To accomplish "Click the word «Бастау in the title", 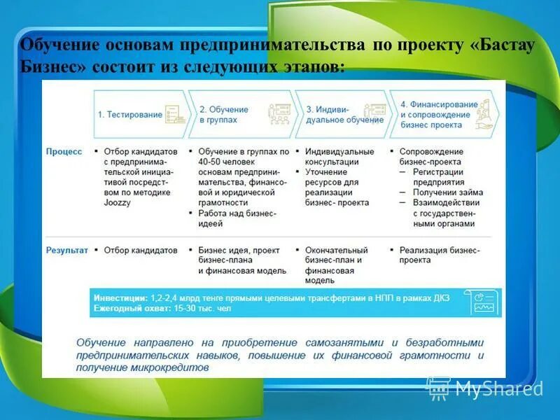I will [x=500, y=45].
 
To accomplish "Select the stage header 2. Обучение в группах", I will [x=224, y=115].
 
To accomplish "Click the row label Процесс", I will [x=64, y=151].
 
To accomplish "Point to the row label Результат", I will [x=67, y=250].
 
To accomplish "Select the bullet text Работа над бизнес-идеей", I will [x=237, y=218].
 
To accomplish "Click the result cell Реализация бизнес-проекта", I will [x=439, y=255].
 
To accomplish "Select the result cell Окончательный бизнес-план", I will [x=336, y=255].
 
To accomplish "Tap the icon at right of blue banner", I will [x=484, y=302].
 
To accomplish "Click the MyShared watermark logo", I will [x=483, y=387].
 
